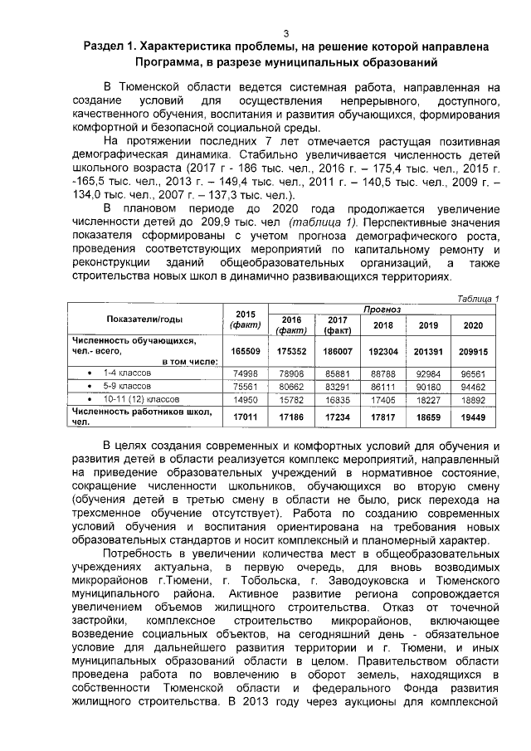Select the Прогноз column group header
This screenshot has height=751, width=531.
click(382, 309)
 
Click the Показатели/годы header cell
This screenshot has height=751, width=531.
click(145, 319)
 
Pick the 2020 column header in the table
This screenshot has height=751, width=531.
click(473, 325)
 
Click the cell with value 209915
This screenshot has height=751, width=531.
click(473, 351)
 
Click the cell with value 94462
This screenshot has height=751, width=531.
click(473, 387)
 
